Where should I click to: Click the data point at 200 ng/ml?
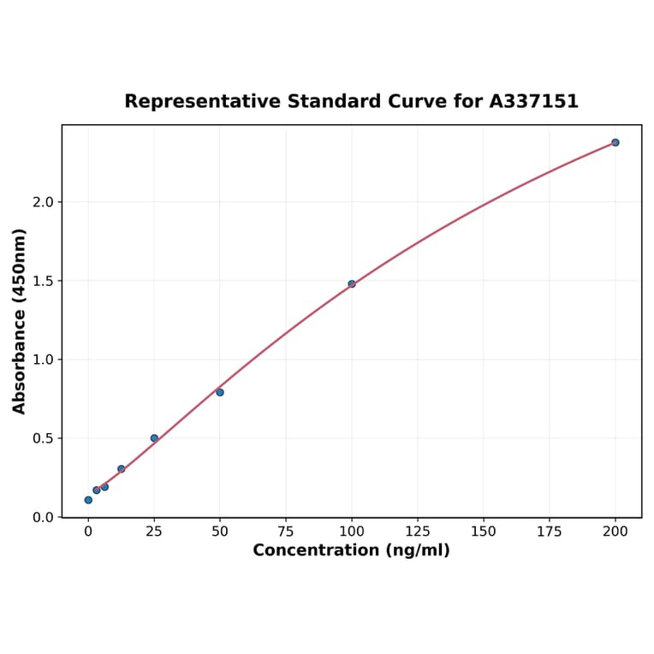[x=615, y=142]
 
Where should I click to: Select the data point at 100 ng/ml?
[x=352, y=283]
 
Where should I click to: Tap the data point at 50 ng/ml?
[x=220, y=392]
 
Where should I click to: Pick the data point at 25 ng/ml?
[x=154, y=438]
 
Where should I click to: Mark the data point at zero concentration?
[x=88, y=500]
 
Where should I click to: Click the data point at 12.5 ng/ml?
[x=122, y=469]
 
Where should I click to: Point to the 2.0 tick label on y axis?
[x=43, y=202]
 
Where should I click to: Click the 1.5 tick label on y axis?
[x=43, y=281]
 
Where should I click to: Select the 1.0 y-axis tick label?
[x=43, y=360]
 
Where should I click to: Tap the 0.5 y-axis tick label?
[x=43, y=438]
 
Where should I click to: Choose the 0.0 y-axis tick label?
[x=43, y=517]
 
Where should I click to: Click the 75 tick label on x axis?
[x=286, y=532]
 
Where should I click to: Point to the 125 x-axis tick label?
[x=418, y=532]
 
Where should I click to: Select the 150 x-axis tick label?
[x=484, y=532]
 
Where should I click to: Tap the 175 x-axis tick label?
[x=550, y=532]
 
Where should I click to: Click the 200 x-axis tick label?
[x=615, y=532]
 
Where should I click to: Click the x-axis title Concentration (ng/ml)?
[x=351, y=550]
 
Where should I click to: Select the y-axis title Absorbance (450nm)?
[x=20, y=321]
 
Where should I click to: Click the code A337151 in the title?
[x=534, y=102]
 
